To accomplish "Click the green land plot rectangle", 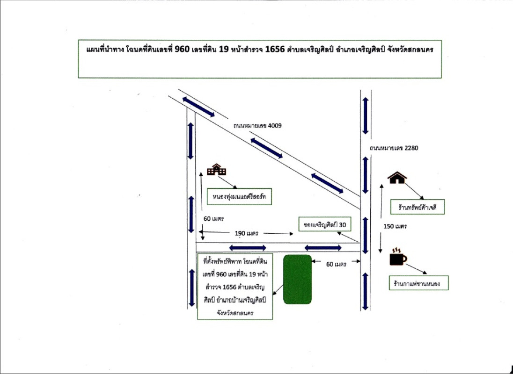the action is click(297, 279).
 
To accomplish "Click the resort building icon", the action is click(217, 169).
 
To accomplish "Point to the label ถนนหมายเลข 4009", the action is click(257, 125).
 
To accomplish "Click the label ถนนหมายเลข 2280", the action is click(394, 148).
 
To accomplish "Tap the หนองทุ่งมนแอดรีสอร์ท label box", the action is click(240, 197).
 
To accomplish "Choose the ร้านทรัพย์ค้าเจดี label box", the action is click(418, 207).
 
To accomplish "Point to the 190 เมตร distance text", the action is click(247, 233).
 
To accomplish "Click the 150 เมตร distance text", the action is click(395, 226).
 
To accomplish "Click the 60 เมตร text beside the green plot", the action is click(336, 264).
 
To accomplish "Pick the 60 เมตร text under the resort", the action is click(213, 218).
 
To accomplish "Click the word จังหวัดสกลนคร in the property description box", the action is click(235, 313).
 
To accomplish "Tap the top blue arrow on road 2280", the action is click(366, 115).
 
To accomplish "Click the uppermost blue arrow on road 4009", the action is click(198, 107).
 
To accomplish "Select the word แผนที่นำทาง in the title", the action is click(106, 50).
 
